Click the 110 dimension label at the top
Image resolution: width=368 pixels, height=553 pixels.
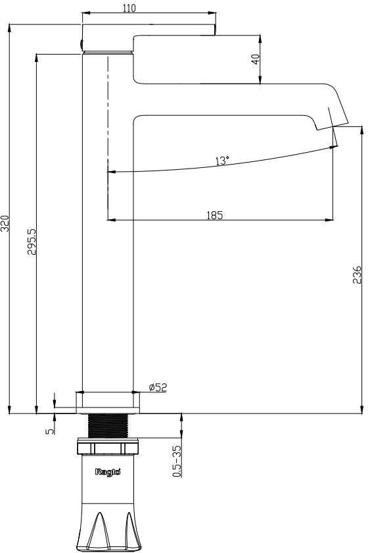pos(129,8)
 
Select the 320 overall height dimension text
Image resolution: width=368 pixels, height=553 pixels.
pos(5,223)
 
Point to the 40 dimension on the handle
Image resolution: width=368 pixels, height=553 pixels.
pos(256,59)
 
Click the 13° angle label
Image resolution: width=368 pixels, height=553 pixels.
pos(222,161)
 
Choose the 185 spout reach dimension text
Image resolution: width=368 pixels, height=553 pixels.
pos(215,215)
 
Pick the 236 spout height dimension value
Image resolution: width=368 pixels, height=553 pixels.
pos(357,275)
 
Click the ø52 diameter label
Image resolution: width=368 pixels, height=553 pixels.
pos(158,387)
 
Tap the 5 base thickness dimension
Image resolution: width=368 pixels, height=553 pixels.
pos(50,431)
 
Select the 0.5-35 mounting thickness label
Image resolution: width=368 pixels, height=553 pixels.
pos(177,461)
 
